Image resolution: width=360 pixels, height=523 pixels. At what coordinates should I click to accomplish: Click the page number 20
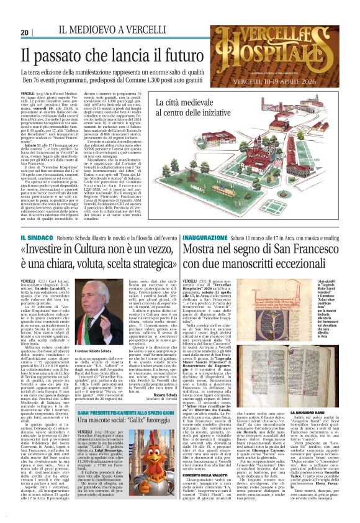(25, 32)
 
